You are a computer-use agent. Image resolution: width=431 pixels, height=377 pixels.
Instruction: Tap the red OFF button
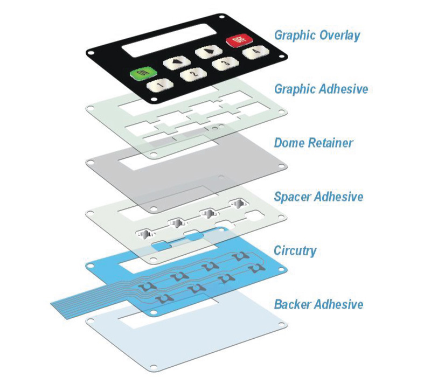pos(238,39)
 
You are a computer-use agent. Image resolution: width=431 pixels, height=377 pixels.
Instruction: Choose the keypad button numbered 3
pos(222,64)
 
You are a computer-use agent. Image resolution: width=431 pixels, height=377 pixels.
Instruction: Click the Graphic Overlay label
pos(317,36)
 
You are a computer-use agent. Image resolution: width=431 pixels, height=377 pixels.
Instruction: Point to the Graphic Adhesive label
pos(321,88)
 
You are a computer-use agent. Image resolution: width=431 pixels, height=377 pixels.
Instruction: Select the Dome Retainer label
pos(314,143)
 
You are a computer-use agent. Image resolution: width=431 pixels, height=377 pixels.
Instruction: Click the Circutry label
pos(295,250)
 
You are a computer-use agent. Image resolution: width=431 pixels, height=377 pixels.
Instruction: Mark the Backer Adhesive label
pos(318,304)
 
